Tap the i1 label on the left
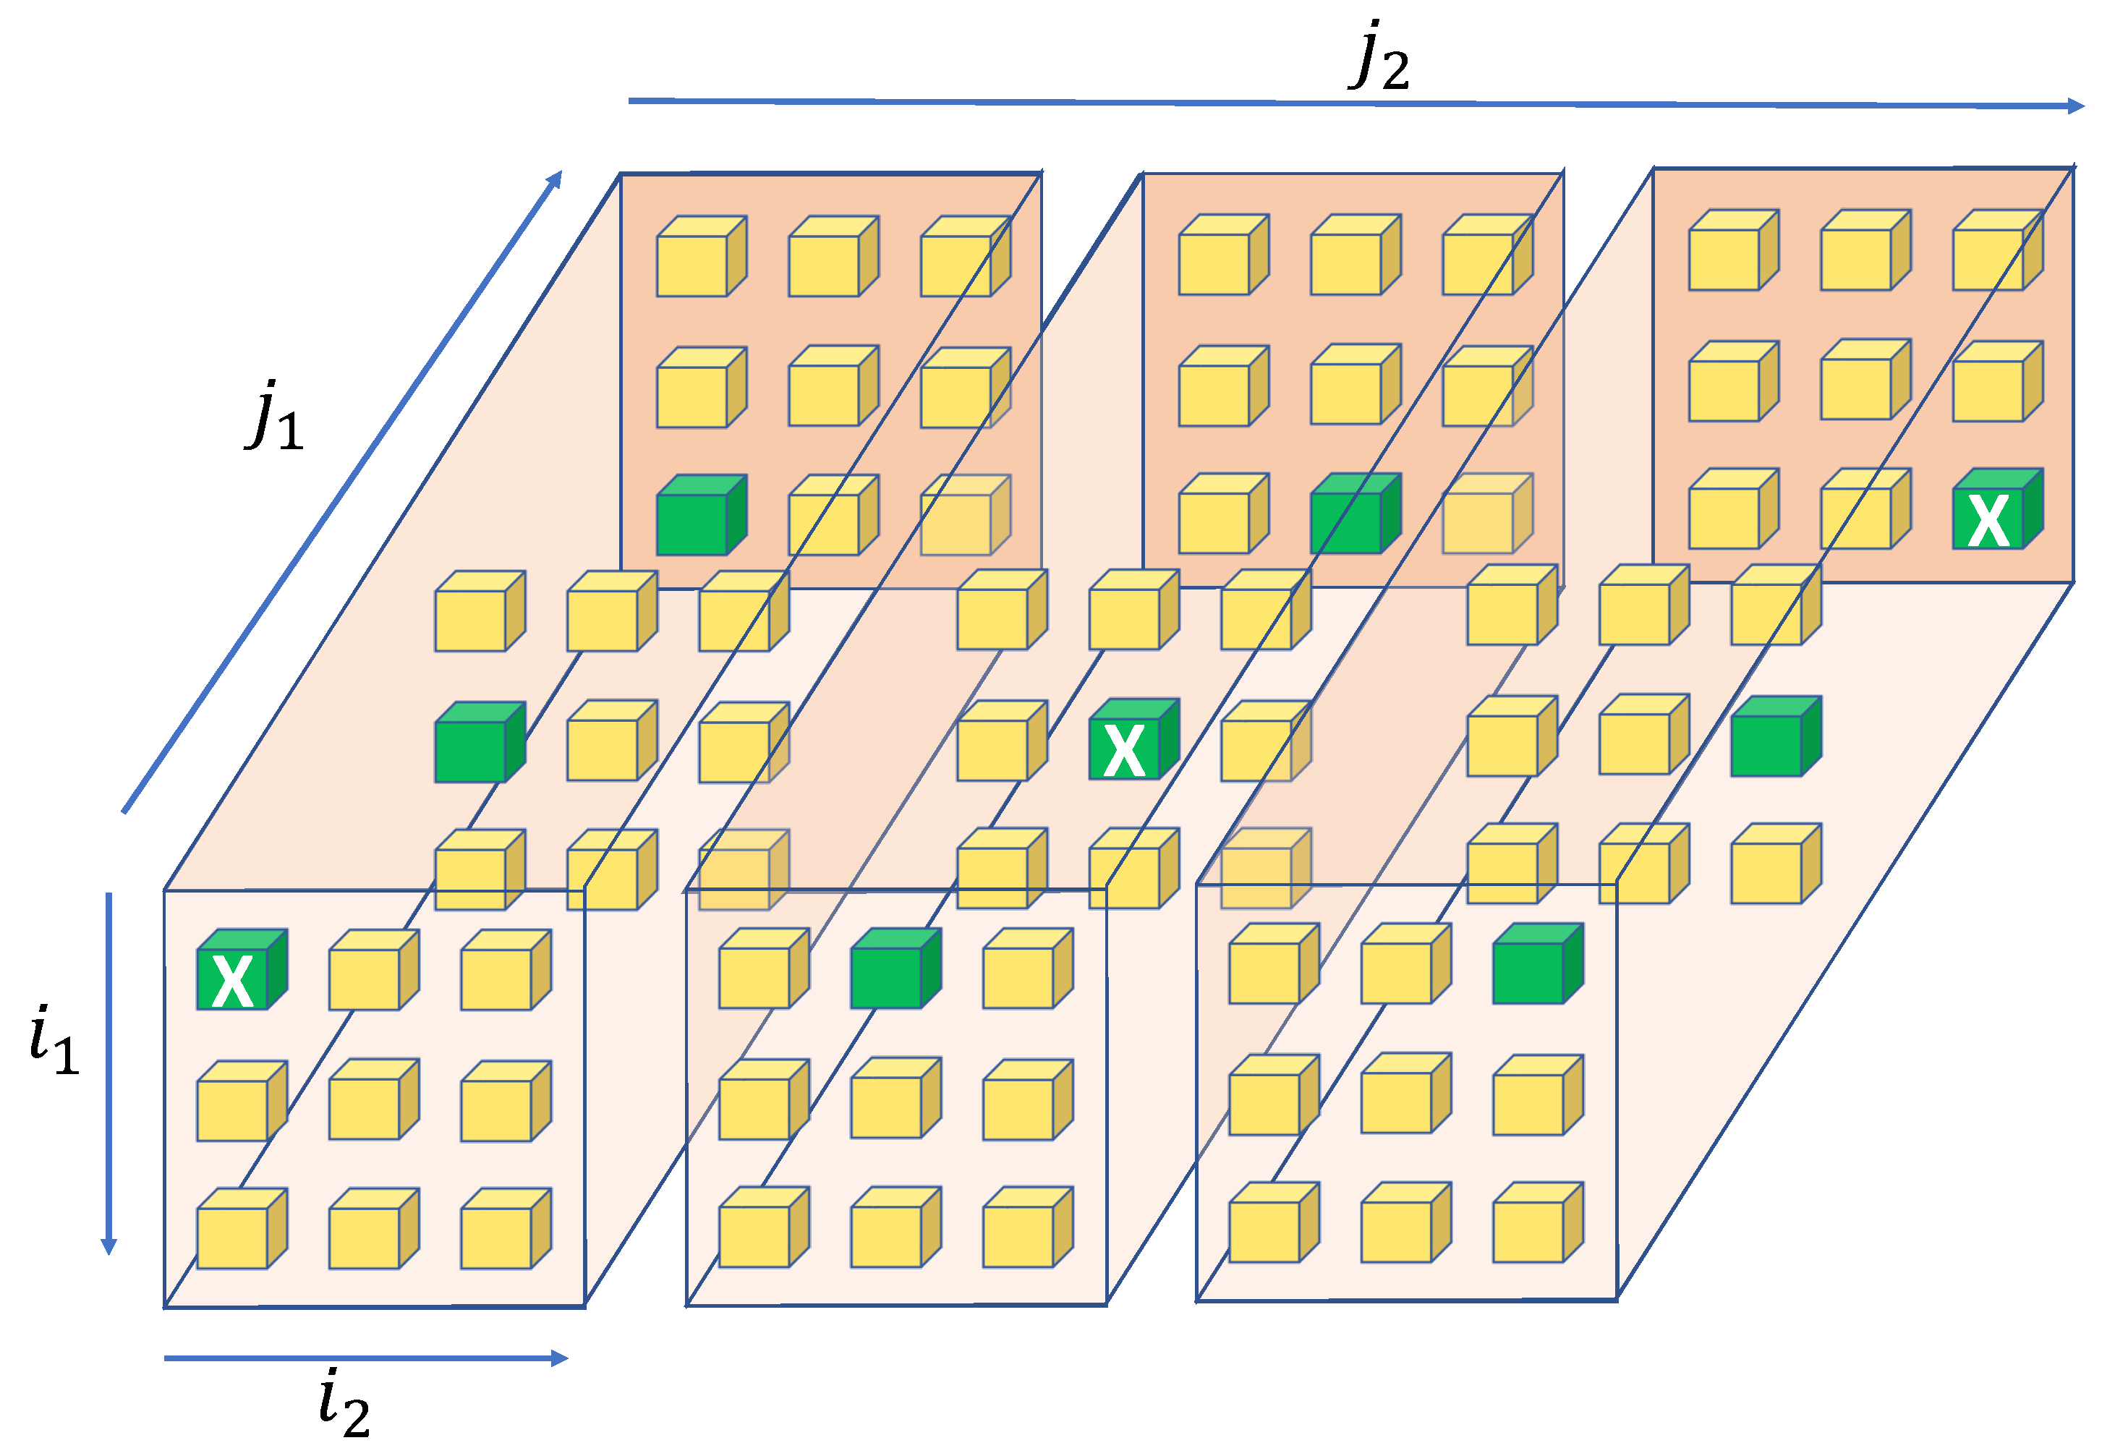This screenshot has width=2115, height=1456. pos(54,1041)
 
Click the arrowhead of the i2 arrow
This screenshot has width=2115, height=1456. pos(559,1359)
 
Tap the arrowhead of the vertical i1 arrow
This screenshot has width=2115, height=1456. pos(108,1246)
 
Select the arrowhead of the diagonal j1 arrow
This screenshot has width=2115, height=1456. pos(555,179)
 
